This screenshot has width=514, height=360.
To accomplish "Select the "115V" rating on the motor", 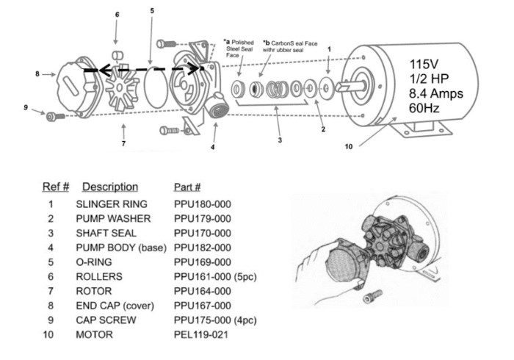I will (424, 64).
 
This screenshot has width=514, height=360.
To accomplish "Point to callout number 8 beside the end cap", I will (37, 74).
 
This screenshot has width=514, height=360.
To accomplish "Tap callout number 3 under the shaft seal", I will (280, 140).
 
